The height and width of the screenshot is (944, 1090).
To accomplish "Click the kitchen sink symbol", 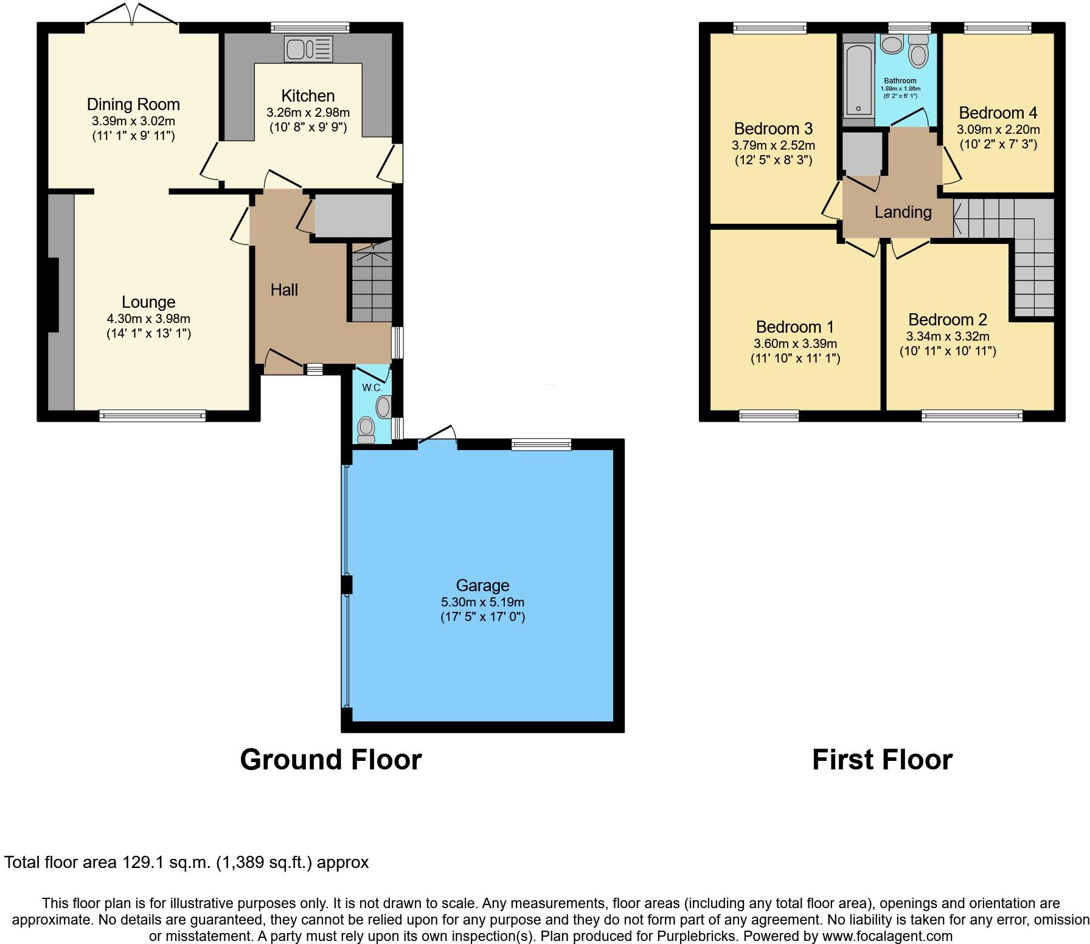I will point(308,49).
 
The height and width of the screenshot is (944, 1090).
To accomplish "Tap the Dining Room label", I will point(133,105).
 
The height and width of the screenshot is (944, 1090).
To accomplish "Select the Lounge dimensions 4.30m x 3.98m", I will point(148,318).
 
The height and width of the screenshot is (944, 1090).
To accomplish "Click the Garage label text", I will point(482,585).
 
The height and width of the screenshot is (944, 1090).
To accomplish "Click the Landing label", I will point(903,212).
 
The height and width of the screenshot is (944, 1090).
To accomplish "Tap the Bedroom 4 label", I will point(998,113).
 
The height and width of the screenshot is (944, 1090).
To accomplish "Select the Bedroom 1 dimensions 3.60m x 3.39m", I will point(795,344).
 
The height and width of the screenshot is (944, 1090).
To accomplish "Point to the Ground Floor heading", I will point(330,760).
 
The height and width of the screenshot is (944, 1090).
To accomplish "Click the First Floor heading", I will point(882,760).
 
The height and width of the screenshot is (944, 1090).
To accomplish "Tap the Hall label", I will point(284,290).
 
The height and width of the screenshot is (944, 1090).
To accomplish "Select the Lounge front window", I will point(153,416).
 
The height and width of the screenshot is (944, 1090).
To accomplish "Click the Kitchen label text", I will point(308,96).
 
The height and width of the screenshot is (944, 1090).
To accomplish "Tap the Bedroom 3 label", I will point(772,129).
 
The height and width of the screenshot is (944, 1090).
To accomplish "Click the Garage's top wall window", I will point(541,445).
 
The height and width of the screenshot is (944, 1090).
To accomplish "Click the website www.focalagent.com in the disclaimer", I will point(887,936).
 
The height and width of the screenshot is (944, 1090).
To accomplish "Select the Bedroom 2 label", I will point(947,320).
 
